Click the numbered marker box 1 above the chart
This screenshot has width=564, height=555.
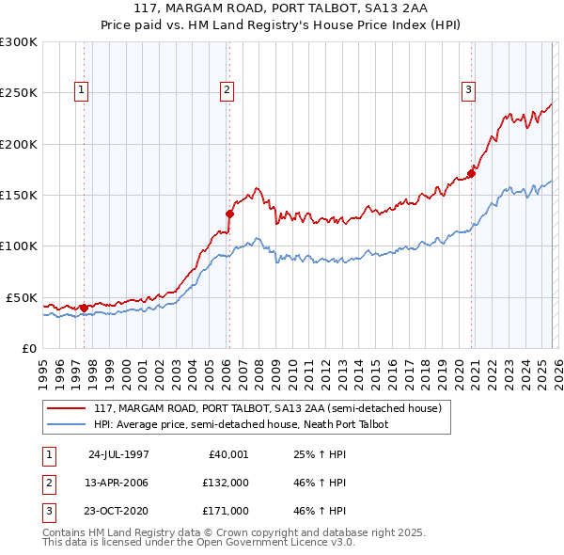coord(83,90)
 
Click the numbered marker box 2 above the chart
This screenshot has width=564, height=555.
coord(227,90)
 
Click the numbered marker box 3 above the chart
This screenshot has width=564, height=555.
coord(468,90)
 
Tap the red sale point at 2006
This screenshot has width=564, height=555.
coord(229,214)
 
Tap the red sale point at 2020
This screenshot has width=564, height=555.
coord(472,173)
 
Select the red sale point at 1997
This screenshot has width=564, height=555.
coord(85,307)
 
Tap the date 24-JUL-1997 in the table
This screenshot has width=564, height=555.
coord(118,454)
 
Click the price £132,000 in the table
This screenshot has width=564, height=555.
coord(226,483)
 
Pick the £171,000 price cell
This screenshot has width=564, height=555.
coord(226,511)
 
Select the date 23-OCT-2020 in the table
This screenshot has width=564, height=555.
coord(118,511)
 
